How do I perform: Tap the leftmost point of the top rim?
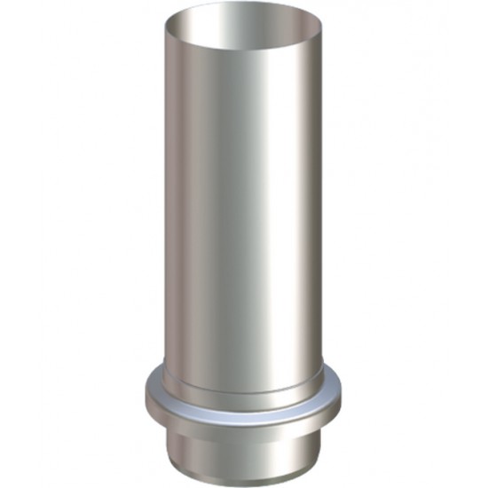(x=167, y=29)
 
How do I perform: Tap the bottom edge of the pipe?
(x=243, y=480)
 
